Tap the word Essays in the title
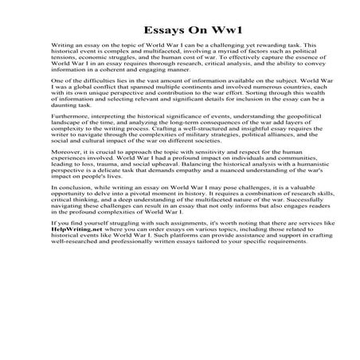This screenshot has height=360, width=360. point(156,18)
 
